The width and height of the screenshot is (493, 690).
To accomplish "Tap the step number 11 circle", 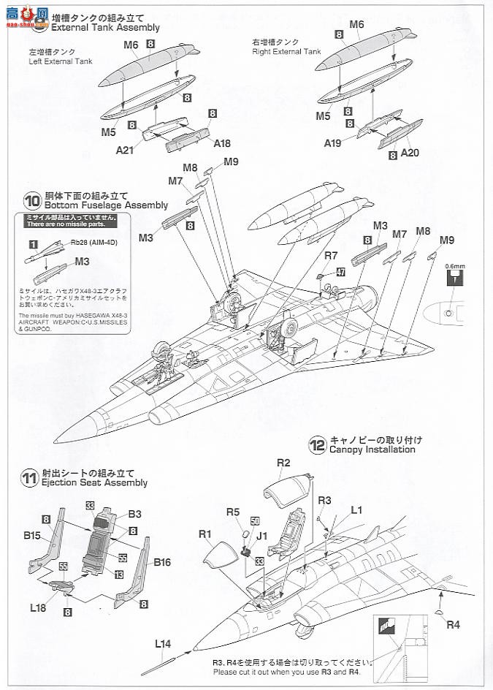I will click(31, 479).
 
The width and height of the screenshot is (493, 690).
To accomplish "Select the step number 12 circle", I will click(317, 444).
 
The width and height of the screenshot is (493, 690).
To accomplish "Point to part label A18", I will click(222, 144).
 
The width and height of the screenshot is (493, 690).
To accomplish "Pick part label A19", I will click(334, 143).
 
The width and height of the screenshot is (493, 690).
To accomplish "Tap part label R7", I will click(332, 256).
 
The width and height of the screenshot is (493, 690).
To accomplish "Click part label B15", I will click(31, 535).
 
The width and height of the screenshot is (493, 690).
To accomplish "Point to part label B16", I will click(162, 562).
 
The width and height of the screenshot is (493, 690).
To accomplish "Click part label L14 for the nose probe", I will click(163, 644).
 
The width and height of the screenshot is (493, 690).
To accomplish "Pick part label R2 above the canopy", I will click(284, 463).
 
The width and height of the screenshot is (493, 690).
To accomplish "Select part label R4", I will click(454, 624).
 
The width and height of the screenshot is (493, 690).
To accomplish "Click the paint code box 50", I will click(254, 520).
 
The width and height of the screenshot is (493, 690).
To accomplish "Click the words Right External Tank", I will click(286, 52).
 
